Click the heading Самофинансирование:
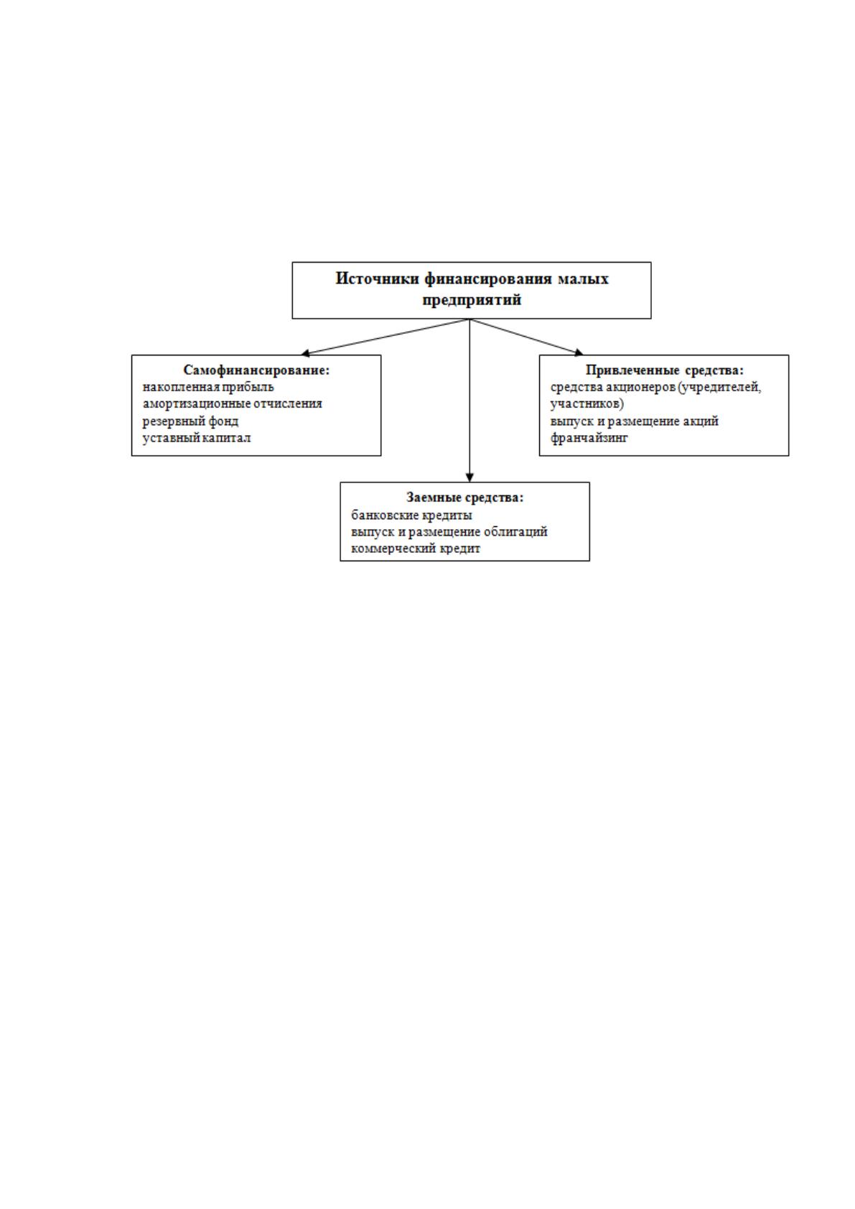[x=256, y=370]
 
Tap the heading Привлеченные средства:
[x=665, y=370]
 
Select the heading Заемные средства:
[x=464, y=497]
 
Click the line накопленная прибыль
[x=208, y=387]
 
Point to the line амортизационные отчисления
[x=232, y=403]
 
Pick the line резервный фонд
[x=190, y=421]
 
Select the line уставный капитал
[x=197, y=437]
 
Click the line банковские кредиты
[x=412, y=515]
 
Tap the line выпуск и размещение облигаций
[x=449, y=532]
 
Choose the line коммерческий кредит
[x=416, y=549]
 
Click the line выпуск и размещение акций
[x=634, y=421]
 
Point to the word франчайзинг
[x=589, y=438]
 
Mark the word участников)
[x=587, y=403]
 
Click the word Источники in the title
[x=378, y=279]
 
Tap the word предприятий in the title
[x=472, y=299]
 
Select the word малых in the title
[x=583, y=279]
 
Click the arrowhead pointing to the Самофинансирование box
[x=305, y=353]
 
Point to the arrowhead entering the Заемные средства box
[x=469, y=477]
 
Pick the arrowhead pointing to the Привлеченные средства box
[x=579, y=353]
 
